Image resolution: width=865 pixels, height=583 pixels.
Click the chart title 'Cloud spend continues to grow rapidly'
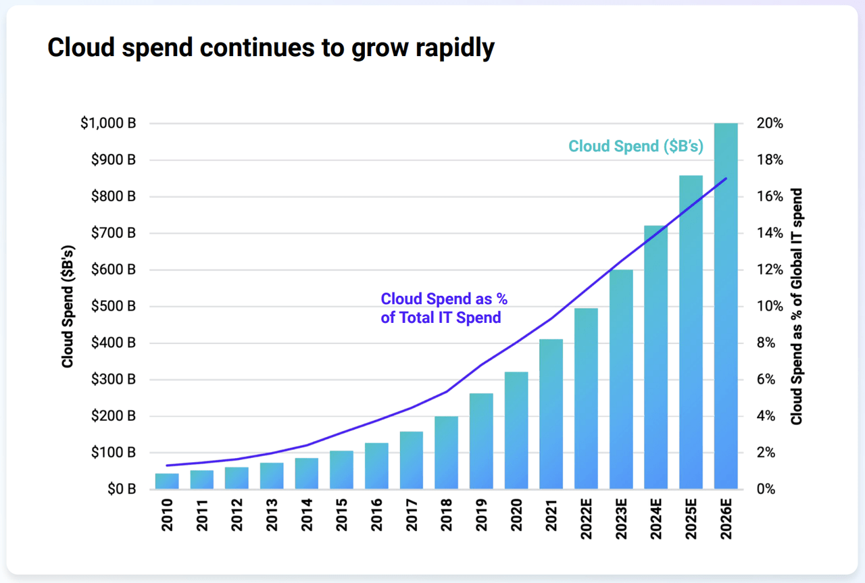270,48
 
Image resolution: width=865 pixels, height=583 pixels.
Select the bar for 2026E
726,305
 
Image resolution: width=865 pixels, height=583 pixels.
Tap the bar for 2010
167,481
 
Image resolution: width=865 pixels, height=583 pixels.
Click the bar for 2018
446,452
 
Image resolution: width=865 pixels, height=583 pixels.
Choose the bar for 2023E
621,379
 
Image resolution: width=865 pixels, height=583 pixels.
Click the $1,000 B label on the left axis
108,124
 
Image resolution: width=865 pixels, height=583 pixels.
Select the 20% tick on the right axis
770,124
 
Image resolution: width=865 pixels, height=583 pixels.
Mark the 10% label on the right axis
770,306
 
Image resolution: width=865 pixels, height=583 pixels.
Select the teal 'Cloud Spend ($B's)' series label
636,146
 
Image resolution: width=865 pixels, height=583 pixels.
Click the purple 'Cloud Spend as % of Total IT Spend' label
443,308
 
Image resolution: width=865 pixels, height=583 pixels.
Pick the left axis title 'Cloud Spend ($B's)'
68,306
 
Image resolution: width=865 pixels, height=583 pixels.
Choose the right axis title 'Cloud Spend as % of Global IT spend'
797,306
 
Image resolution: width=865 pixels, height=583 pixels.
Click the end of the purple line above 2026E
726,178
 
